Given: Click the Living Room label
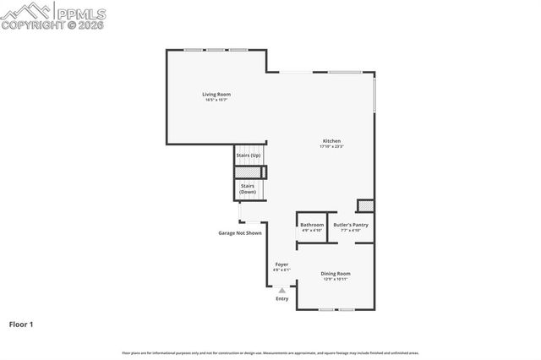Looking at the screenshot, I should tap(216, 94).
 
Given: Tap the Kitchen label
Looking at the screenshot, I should tap(331, 140).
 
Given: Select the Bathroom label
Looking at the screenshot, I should tap(312, 225).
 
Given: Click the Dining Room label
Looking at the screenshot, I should tap(335, 273).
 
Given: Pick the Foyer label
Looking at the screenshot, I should tap(281, 265).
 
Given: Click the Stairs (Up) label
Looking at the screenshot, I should tap(248, 155).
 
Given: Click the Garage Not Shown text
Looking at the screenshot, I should tap(240, 232).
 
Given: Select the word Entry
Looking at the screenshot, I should tap(282, 298).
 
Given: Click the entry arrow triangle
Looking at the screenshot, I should tap(282, 290).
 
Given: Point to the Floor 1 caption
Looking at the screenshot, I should tap(21, 324).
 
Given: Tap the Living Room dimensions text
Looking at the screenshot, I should tap(216, 100).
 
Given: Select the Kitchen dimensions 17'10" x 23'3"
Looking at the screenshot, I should tap(331, 146).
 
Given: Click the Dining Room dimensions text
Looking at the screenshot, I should tap(335, 279).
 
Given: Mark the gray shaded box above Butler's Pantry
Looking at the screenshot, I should tap(365, 206).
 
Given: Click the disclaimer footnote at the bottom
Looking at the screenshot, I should tap(270, 352).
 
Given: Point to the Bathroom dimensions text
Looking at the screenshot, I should tap(312, 230).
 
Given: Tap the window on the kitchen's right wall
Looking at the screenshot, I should tap(374, 94).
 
